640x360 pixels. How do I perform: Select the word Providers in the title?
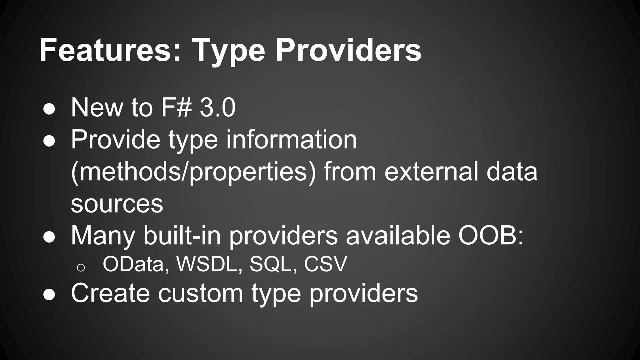(348, 50)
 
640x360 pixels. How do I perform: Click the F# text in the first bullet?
(176, 108)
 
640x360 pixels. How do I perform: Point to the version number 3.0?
(217, 108)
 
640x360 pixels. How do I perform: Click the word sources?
(117, 204)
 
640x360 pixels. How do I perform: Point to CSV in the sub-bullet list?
(325, 264)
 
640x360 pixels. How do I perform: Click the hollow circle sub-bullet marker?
(81, 267)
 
